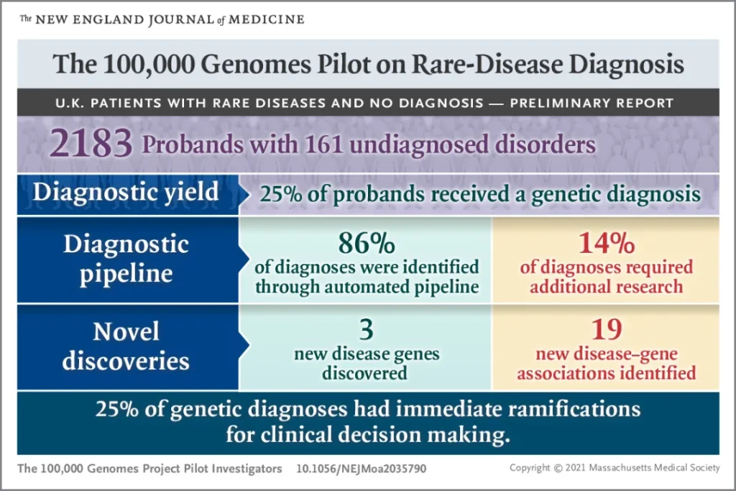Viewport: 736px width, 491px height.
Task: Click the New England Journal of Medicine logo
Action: tap(162, 19)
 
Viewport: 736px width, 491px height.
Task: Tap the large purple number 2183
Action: tap(91, 143)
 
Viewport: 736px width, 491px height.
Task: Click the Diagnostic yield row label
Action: tap(126, 193)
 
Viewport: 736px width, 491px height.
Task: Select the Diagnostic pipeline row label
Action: tap(126, 259)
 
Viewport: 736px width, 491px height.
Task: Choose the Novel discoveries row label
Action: tap(126, 347)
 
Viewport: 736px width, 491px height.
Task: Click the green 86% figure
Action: tap(367, 243)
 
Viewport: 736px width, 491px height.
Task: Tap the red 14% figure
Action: tap(607, 243)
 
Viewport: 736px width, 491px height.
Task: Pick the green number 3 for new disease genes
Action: tap(367, 329)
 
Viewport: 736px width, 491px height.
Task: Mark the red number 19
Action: tap(607, 329)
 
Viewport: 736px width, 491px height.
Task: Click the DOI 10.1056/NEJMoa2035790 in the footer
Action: tap(361, 469)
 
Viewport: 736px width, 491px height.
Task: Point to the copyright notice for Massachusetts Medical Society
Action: tap(615, 468)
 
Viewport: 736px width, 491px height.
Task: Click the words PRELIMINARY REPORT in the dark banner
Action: tap(592, 104)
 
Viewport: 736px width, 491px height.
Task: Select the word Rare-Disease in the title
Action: tap(488, 64)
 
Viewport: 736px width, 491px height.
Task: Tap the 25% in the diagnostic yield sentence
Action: tap(281, 194)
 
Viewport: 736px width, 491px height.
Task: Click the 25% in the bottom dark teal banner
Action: tap(117, 409)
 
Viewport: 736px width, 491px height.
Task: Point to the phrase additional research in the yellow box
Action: tap(607, 287)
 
